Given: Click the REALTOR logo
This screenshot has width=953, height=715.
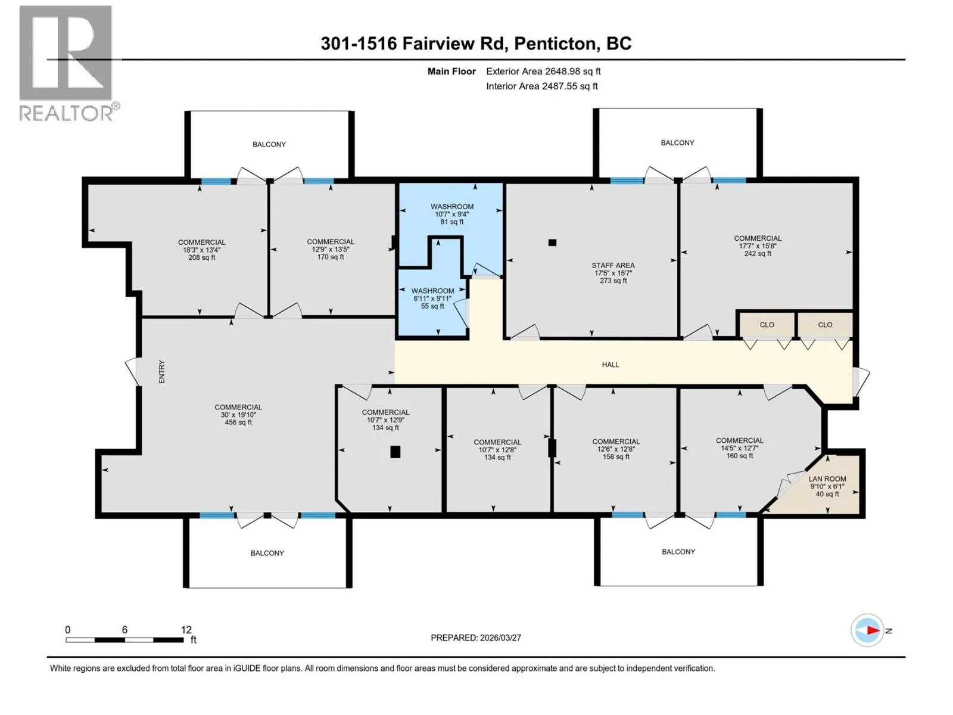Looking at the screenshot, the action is click(68, 63).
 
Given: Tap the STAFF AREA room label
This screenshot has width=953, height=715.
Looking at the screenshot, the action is click(613, 265).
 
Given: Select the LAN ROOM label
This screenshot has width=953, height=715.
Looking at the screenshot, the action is click(827, 479).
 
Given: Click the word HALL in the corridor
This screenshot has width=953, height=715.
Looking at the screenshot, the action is click(610, 365).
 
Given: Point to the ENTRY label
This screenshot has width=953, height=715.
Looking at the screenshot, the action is click(162, 372).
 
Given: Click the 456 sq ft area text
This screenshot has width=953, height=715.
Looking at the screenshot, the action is click(238, 422).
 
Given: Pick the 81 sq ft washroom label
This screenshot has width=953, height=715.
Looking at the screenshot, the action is click(452, 222).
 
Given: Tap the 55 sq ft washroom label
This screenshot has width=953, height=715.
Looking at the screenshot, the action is click(432, 306).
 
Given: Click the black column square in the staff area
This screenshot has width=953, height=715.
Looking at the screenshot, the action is click(552, 243).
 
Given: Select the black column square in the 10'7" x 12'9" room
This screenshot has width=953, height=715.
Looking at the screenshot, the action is click(395, 452).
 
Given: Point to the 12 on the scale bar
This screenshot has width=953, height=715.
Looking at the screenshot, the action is click(186, 629).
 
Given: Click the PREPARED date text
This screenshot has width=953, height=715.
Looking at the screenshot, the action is click(476, 638).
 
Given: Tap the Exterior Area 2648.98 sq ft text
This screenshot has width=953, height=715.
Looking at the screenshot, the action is click(543, 71).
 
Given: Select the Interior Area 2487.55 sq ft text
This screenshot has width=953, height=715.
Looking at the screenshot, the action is click(542, 86).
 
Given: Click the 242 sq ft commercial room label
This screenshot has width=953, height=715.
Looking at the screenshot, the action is click(758, 254).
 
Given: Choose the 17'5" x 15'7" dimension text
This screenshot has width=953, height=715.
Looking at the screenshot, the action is click(613, 273).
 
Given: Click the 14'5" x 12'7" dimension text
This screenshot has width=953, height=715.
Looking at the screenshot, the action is click(739, 448).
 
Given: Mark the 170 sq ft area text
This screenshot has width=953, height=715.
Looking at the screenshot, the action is click(331, 257).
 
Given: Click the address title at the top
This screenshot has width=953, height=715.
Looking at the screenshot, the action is click(476, 43).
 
